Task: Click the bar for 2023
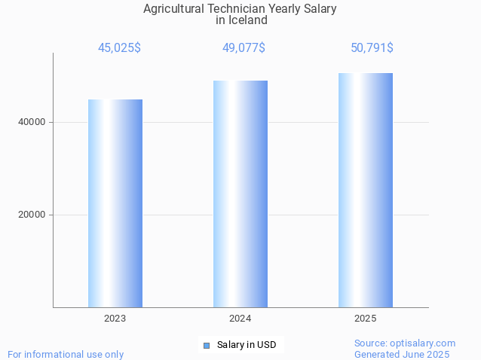[x=115, y=203]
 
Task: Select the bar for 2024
[x=240, y=194]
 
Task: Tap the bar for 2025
[x=366, y=190]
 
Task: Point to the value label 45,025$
[x=119, y=47]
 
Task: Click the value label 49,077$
[x=244, y=47]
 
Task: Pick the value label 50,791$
[x=372, y=47]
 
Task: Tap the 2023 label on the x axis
[x=115, y=319]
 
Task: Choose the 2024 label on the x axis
[x=240, y=319]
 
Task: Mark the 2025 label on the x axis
[x=366, y=319]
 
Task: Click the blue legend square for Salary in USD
[x=207, y=346]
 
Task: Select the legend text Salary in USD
[x=247, y=345]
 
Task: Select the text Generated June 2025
[x=402, y=354]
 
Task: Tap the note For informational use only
[x=66, y=354]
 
